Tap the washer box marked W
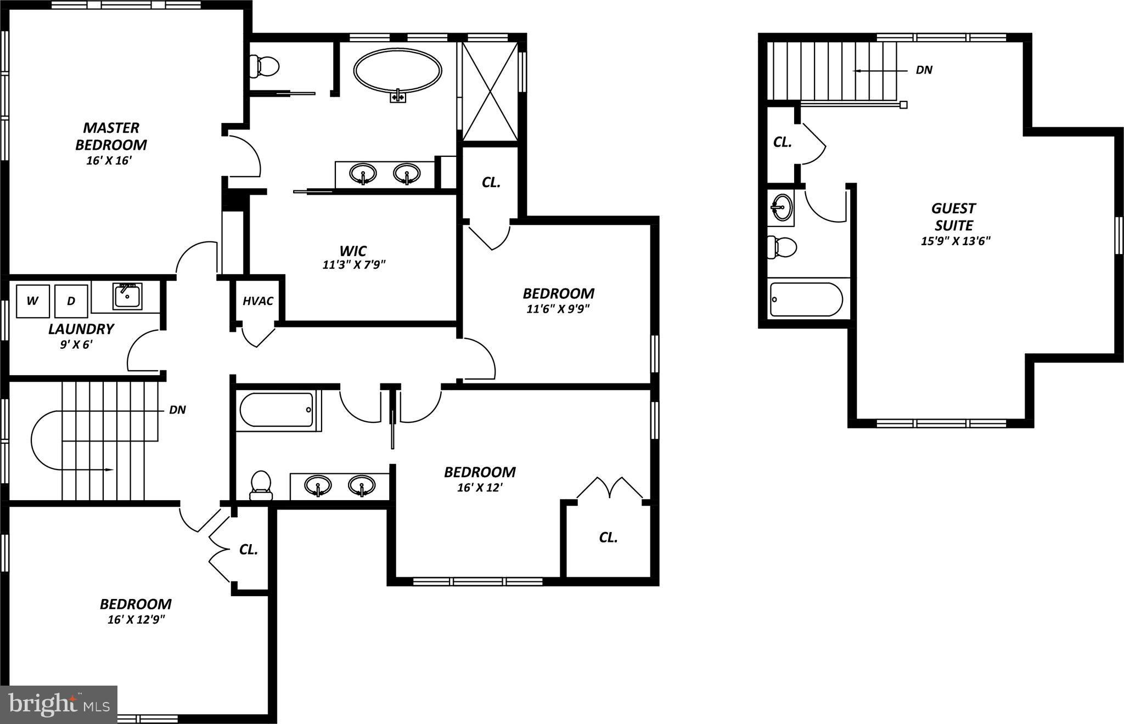[32, 301]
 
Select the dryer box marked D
[71, 301]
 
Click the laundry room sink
[127, 296]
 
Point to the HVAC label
[258, 301]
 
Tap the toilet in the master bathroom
[264, 66]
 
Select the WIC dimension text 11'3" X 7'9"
[354, 265]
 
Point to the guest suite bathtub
[806, 299]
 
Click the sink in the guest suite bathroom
[780, 207]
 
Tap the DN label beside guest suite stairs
[924, 70]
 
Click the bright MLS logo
[58, 704]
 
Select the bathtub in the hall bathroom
[276, 410]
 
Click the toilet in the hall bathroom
[261, 485]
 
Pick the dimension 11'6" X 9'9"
[558, 309]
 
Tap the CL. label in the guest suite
[782, 142]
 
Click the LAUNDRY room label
[81, 329]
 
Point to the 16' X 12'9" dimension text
[137, 620]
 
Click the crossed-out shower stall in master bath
[490, 91]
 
